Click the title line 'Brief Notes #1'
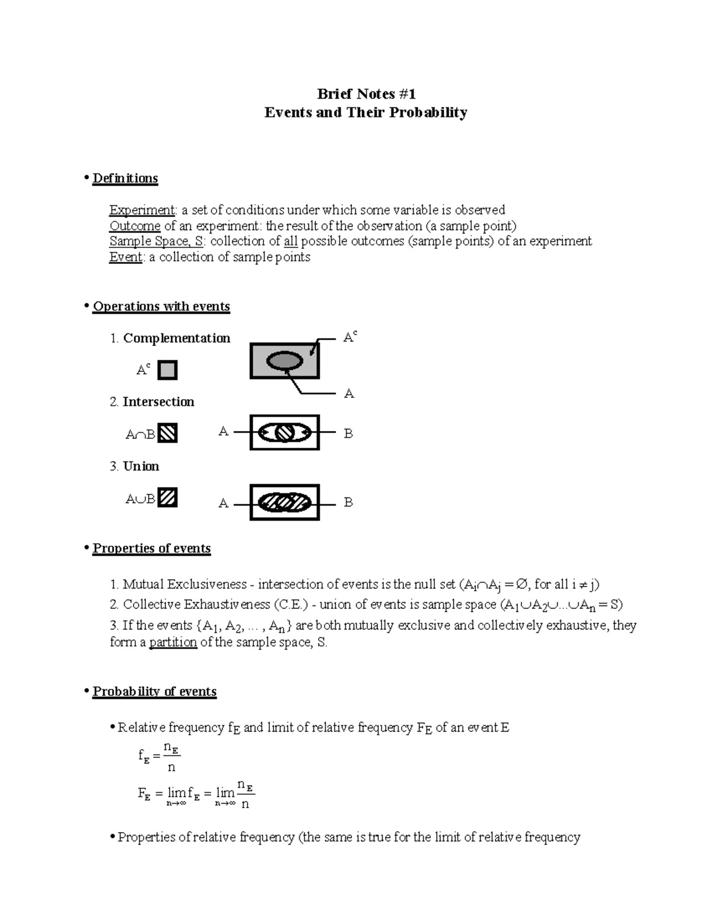point(366,94)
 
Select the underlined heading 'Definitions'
point(125,179)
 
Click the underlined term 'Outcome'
point(135,226)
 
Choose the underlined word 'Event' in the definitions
point(126,257)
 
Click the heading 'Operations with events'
point(161,307)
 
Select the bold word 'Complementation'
point(176,339)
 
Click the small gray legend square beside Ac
point(168,370)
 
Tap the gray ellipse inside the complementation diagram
point(285,361)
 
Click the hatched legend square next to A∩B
point(168,434)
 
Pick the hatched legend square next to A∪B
point(168,498)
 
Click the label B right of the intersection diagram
point(348,434)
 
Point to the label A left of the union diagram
point(223,503)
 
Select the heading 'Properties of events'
point(151,549)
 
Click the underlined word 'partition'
point(173,642)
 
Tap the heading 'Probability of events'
point(154,692)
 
